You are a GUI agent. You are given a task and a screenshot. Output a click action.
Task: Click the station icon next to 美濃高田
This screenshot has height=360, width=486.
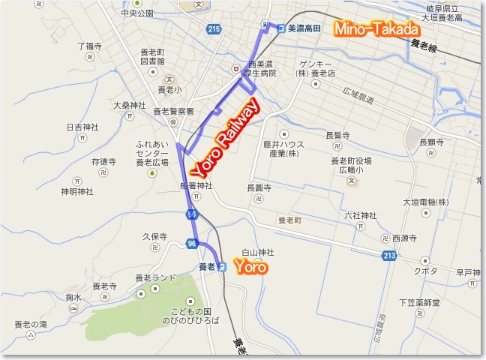280,28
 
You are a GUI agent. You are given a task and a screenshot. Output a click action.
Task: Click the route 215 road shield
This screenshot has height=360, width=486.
215,29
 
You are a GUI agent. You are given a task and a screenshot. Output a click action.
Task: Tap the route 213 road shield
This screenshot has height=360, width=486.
388,256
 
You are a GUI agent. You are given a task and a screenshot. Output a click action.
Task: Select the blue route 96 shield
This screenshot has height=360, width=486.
193,243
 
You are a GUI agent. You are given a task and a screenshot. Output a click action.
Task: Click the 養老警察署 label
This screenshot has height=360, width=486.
173,111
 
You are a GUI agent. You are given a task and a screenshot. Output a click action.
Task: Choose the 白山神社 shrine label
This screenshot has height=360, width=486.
257,252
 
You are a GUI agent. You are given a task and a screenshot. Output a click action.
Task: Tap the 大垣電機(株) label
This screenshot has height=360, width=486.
424,202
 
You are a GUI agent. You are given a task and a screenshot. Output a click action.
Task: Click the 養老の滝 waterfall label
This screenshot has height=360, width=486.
31,325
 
